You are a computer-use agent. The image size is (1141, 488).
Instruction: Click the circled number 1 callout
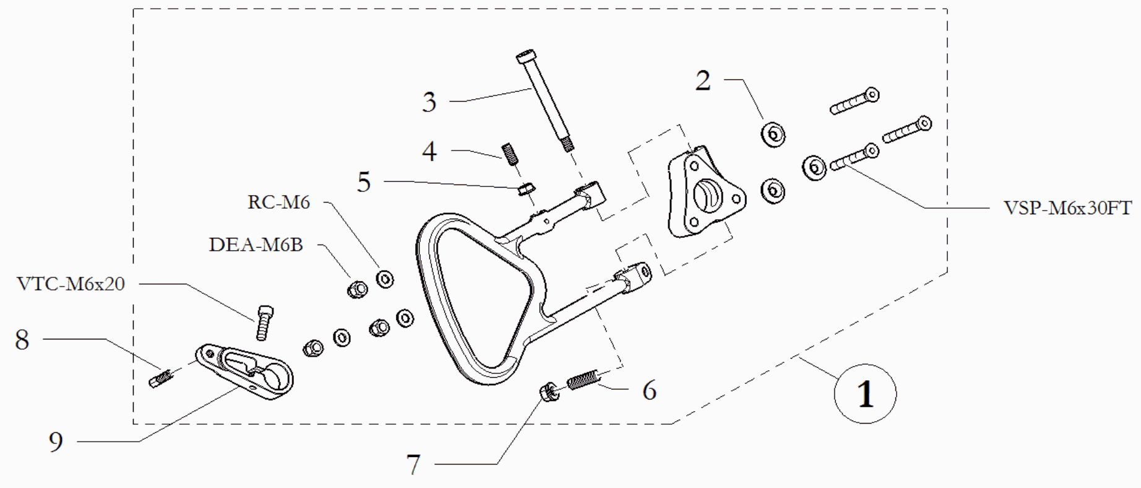(865, 394)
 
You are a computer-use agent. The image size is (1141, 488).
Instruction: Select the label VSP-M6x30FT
(1067, 208)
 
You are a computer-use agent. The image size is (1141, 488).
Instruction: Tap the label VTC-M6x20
(71, 284)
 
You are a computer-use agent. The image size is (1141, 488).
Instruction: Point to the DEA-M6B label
(256, 245)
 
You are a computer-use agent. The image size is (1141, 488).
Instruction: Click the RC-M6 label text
(278, 202)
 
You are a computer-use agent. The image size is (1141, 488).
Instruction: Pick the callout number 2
(703, 81)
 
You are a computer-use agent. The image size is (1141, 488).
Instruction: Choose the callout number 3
(429, 102)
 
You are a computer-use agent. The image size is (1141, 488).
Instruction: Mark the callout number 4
(429, 151)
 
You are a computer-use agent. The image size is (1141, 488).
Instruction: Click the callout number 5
(364, 182)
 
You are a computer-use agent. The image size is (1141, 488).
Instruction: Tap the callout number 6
(649, 391)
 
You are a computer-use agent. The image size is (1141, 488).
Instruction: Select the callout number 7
(413, 464)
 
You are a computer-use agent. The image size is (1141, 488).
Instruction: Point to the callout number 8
(22, 339)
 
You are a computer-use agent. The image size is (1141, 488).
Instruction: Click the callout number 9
(56, 442)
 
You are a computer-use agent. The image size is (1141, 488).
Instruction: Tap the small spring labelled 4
(509, 154)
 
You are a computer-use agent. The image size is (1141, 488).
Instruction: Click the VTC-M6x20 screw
(263, 322)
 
